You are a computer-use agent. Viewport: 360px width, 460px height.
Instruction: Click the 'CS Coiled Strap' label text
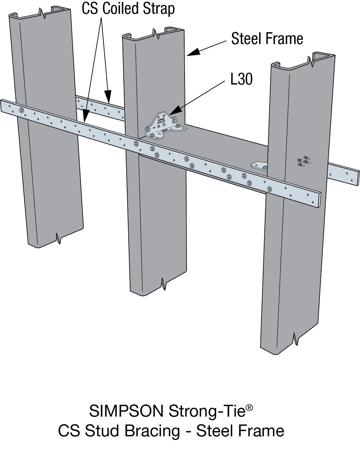(128, 9)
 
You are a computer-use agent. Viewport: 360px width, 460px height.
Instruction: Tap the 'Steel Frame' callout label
(267, 39)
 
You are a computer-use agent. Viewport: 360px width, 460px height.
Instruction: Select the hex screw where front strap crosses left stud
(22, 110)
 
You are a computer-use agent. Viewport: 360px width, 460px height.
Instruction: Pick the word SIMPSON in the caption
(126, 411)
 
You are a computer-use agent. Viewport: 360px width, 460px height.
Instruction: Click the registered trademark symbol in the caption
(249, 408)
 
